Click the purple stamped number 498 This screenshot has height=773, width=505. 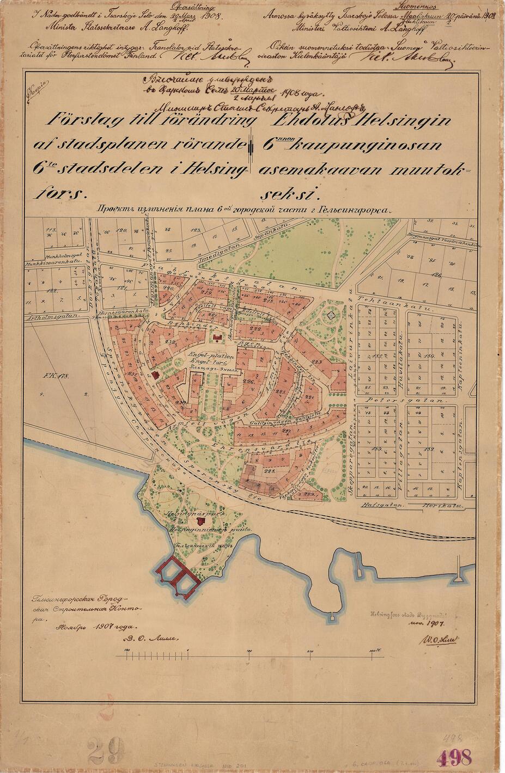click(x=453, y=756)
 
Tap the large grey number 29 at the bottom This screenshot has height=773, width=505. click(x=106, y=751)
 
